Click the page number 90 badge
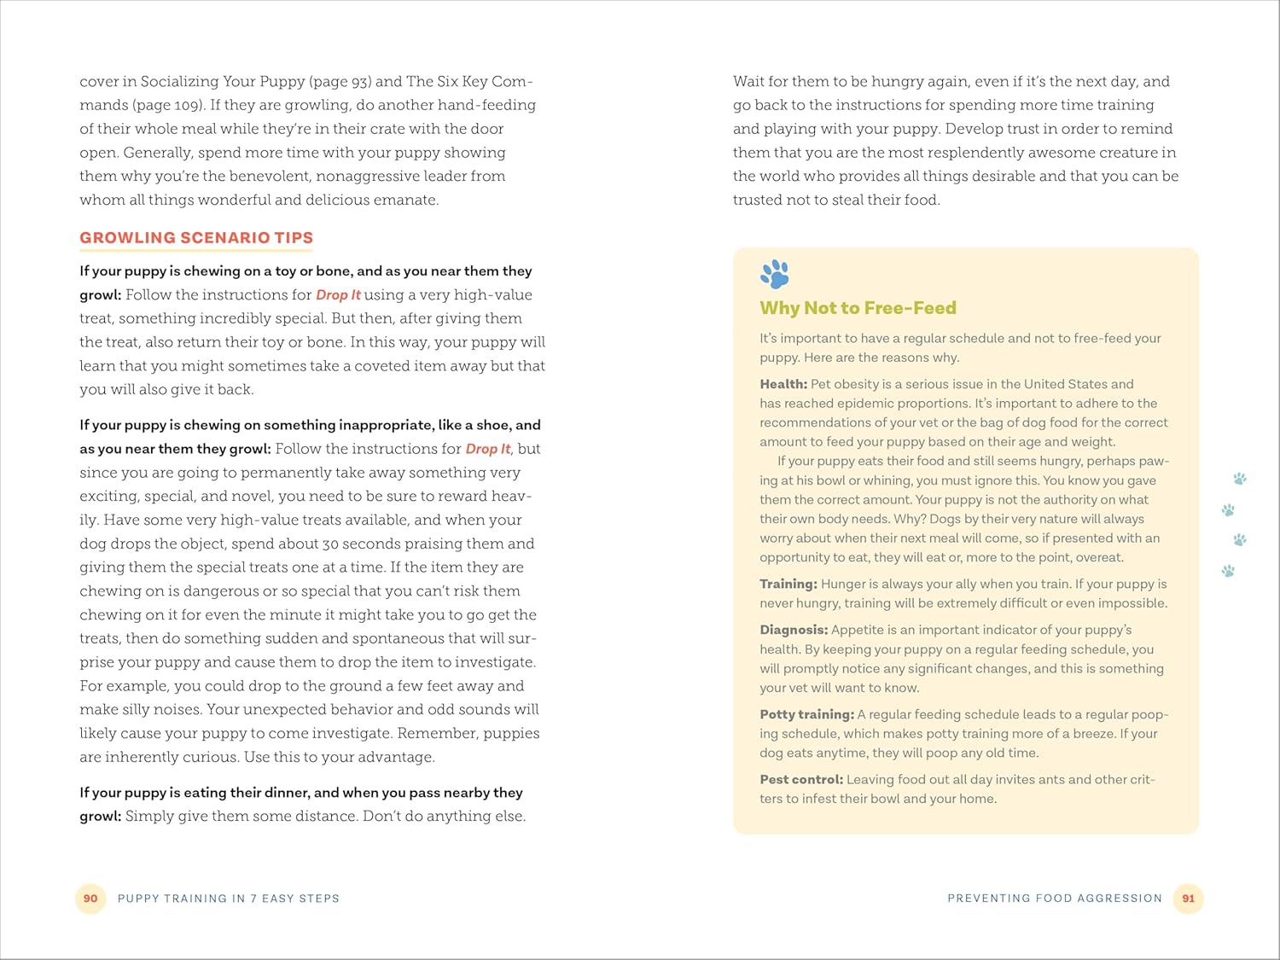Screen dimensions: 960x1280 click(90, 899)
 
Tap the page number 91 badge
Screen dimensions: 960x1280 click(1188, 899)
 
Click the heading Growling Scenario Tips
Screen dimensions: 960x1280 click(196, 238)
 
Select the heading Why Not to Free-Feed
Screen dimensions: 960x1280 click(858, 308)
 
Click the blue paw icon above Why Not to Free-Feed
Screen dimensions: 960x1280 click(775, 274)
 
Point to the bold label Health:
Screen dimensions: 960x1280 click(783, 384)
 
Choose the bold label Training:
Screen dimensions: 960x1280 click(788, 584)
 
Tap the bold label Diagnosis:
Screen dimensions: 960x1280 click(794, 630)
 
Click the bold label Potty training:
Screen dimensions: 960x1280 click(806, 714)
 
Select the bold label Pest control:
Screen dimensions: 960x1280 click(801, 779)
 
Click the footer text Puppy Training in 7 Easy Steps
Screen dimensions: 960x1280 click(229, 899)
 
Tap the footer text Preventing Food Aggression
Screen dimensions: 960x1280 click(1055, 899)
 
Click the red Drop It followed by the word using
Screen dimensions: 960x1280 click(338, 294)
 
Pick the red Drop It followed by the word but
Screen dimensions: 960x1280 click(488, 449)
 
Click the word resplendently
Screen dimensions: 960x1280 click(982, 153)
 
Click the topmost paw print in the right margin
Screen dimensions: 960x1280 click(1240, 479)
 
